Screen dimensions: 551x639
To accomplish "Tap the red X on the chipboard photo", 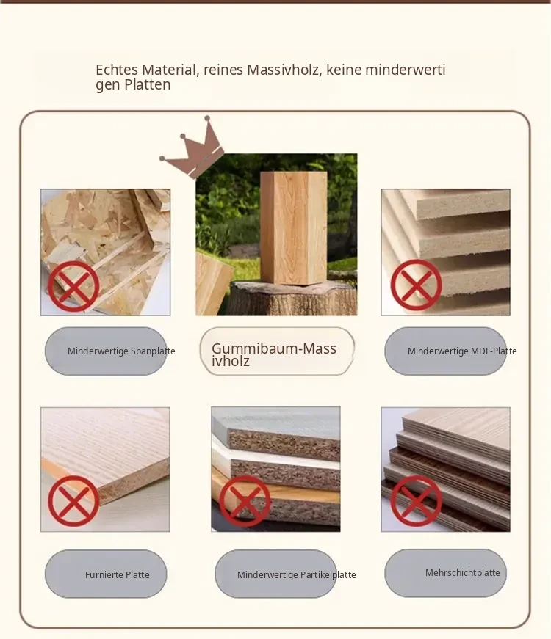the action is (x=73, y=286).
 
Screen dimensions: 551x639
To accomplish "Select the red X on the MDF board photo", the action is (x=417, y=285).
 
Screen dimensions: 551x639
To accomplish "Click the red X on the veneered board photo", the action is (x=73, y=501).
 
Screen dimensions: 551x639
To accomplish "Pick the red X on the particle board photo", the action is (x=245, y=501).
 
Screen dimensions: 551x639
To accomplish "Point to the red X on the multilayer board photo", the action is (x=417, y=501).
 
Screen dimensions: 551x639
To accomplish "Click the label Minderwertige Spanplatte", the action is (x=121, y=351).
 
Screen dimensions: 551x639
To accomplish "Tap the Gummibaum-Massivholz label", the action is (x=274, y=354).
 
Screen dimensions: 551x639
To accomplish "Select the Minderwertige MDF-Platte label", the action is (x=462, y=351).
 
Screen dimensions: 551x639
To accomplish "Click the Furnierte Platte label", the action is (x=117, y=574).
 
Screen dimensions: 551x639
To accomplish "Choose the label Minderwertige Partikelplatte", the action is (x=296, y=574).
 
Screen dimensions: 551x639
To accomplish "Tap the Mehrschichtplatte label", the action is (x=462, y=572).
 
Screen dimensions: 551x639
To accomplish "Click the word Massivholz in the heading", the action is (x=283, y=70).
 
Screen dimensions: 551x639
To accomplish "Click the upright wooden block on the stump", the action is (x=293, y=227).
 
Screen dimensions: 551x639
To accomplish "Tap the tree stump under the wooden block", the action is (x=293, y=298).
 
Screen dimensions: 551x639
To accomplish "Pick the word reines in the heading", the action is (x=223, y=70).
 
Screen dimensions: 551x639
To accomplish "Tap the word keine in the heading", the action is (x=344, y=70).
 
